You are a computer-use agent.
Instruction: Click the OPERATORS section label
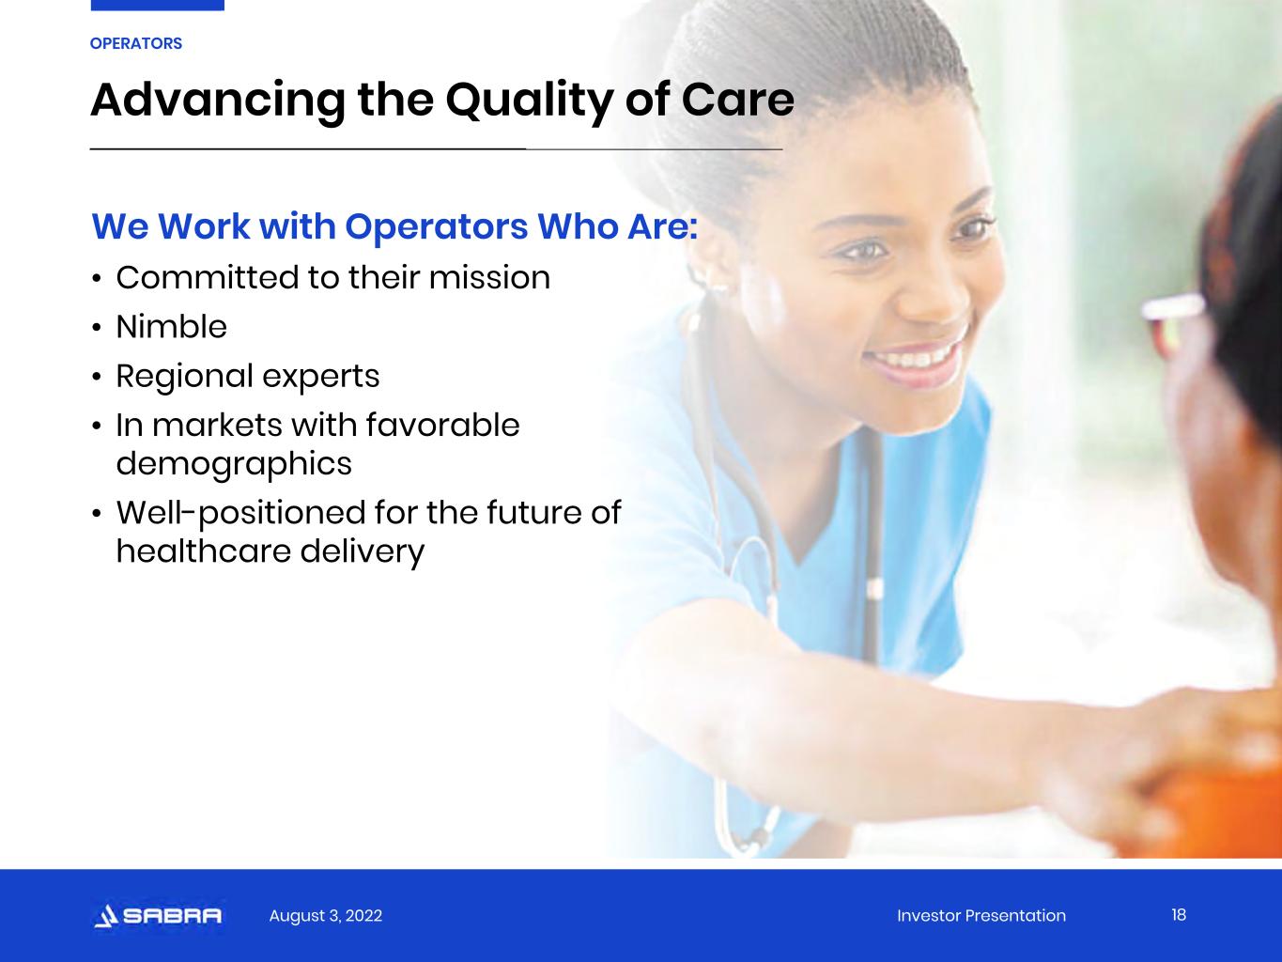point(136,44)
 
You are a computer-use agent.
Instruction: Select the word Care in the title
point(737,101)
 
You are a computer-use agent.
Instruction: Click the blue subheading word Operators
point(437,227)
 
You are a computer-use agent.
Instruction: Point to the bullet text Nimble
point(171,327)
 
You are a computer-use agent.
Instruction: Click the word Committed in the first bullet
point(208,277)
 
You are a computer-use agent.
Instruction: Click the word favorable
point(442,425)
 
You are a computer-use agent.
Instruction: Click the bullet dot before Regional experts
point(97,377)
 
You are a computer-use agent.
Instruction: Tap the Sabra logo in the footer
point(158,915)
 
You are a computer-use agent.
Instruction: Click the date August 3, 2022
point(325,916)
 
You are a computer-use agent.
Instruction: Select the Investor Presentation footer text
point(981,915)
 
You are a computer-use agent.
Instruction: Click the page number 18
point(1179,915)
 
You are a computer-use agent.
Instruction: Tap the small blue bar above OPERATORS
point(157,6)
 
